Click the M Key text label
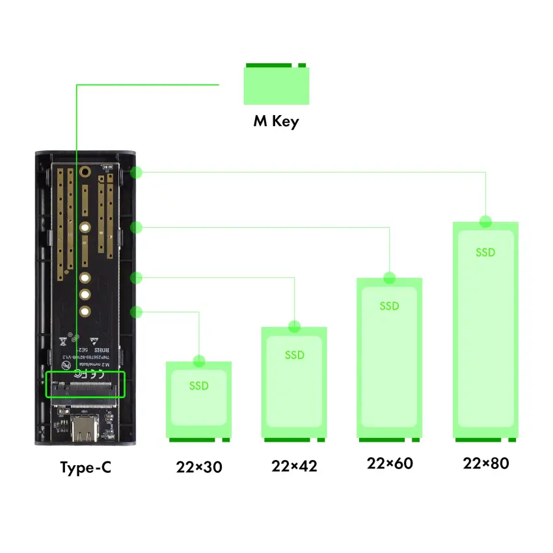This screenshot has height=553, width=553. click(x=276, y=121)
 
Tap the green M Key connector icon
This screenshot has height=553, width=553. click(x=276, y=85)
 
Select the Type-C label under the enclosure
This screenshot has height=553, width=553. click(x=85, y=468)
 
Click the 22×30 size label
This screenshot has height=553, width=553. click(x=198, y=467)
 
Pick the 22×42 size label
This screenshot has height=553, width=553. click(x=294, y=466)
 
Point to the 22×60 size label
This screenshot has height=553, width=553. click(x=390, y=463)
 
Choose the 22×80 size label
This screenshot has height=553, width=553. click(x=485, y=463)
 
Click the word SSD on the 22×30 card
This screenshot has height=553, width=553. click(x=198, y=386)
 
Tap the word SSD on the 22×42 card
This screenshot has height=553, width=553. click(x=294, y=355)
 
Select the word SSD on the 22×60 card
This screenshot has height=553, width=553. click(x=390, y=306)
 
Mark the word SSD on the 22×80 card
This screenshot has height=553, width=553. click(x=485, y=252)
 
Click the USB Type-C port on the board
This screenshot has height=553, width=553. click(x=85, y=425)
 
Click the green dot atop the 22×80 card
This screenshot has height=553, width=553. click(x=485, y=221)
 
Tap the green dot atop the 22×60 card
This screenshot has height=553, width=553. click(x=390, y=278)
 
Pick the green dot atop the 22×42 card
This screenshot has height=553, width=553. click(x=294, y=327)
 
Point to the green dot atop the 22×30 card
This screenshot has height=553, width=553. click(x=198, y=361)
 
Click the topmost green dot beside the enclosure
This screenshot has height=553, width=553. click(x=136, y=172)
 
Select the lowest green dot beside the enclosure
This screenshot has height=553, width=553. click(x=136, y=312)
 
